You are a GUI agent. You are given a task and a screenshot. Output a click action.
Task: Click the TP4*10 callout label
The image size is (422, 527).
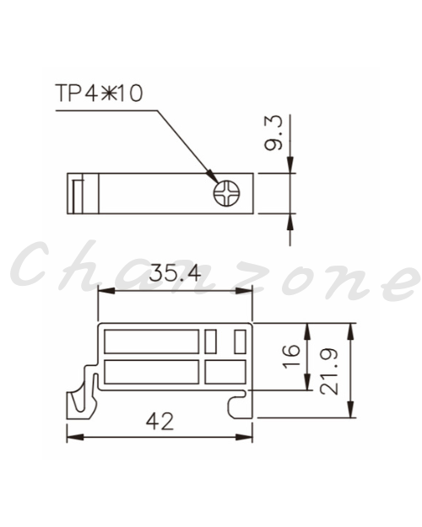pyautogui.click(x=100, y=93)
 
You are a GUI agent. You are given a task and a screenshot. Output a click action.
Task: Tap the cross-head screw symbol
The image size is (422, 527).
pyautogui.click(x=227, y=194)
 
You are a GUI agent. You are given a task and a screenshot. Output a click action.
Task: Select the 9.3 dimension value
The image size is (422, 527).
pyautogui.click(x=273, y=133)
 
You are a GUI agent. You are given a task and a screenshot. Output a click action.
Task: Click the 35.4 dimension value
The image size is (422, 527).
pyautogui.click(x=175, y=273)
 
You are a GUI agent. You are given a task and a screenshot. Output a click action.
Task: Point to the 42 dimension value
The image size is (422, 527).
pyautogui.click(x=160, y=422)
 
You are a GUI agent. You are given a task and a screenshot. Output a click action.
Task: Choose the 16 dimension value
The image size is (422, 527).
pyautogui.click(x=291, y=357)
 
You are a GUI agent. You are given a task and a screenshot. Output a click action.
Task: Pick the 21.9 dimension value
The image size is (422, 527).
pyautogui.click(x=329, y=371)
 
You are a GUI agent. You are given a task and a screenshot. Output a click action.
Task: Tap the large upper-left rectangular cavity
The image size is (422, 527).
pyautogui.click(x=152, y=341)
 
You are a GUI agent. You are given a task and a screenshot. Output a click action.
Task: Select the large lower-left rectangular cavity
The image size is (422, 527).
pyautogui.click(x=152, y=372)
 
